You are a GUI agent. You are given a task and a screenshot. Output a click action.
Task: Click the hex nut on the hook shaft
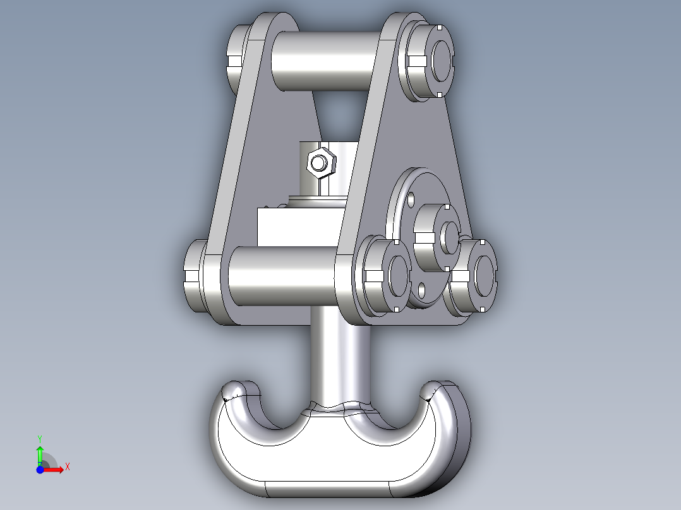tap(320, 163)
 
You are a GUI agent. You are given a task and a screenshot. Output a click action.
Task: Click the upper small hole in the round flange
tap(411, 198)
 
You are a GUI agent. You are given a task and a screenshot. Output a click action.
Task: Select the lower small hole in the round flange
tap(422, 291)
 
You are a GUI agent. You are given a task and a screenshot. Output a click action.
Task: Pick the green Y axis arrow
tap(39, 454)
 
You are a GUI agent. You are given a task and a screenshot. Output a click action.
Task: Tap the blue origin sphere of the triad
tap(40, 469)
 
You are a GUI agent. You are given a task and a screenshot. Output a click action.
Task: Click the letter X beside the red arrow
tap(67, 467)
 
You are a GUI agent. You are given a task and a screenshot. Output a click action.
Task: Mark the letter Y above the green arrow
tap(39, 437)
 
